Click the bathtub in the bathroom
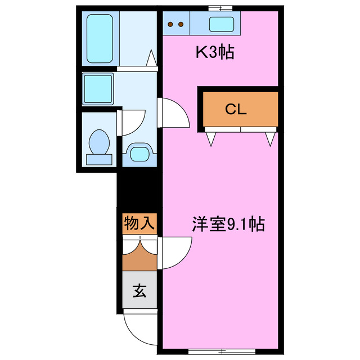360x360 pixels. [x=101, y=38]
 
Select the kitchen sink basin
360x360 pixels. [x=222, y=24]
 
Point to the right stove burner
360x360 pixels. [x=182, y=24]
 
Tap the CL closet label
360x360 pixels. [x=236, y=109]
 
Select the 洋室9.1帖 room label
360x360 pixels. [x=228, y=224]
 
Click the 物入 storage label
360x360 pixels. [x=138, y=224]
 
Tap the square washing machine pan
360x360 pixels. [x=98, y=89]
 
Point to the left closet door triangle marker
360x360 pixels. [x=211, y=137]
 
